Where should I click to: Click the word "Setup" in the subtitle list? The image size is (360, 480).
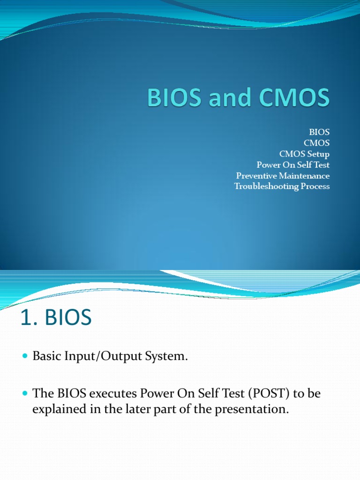click(x=318, y=154)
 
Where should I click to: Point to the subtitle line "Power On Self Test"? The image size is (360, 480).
click(x=293, y=165)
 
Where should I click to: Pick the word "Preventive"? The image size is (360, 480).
click(x=253, y=176)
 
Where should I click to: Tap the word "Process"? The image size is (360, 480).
click(x=314, y=187)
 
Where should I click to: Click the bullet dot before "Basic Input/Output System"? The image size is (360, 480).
click(x=25, y=357)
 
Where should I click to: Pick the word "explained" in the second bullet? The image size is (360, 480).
click(x=55, y=409)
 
